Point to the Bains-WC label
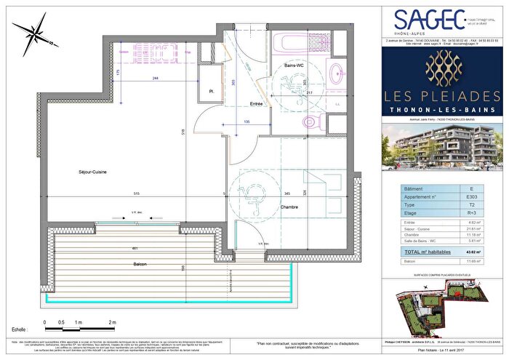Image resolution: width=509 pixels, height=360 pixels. [293, 65]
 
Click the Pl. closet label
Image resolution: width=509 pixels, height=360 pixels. [210, 91]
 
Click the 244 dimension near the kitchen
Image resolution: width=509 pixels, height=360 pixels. [157, 79]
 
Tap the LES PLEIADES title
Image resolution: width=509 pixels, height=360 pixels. [441, 97]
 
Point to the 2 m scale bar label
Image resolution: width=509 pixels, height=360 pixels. [112, 321]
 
